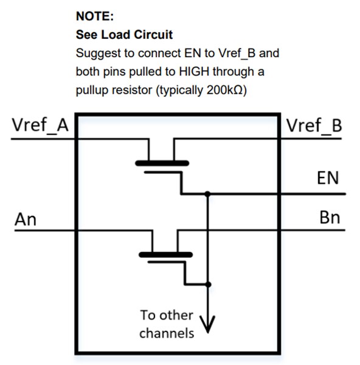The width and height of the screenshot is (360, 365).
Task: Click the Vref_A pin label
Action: click(x=40, y=126)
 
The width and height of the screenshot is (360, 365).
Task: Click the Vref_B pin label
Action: click(x=314, y=126)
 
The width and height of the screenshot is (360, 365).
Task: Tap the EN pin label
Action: click(x=328, y=178)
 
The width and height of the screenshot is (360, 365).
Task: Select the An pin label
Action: click(x=26, y=218)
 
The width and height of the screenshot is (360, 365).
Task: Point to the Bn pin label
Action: click(x=329, y=218)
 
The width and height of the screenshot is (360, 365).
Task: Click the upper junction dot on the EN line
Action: click(x=208, y=194)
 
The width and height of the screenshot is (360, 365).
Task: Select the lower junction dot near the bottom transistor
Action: click(x=208, y=284)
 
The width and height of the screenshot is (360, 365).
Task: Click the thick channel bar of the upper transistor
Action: click(x=162, y=163)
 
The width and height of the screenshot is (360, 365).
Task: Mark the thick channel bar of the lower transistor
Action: click(x=165, y=254)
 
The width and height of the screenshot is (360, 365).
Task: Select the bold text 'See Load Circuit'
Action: click(x=124, y=35)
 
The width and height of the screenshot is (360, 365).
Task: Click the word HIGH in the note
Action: click(x=193, y=72)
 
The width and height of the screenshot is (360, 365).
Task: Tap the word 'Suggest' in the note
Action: click(x=96, y=54)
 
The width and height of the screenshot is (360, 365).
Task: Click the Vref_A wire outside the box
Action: click(x=36, y=139)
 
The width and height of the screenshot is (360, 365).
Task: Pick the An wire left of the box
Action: click(x=36, y=231)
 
